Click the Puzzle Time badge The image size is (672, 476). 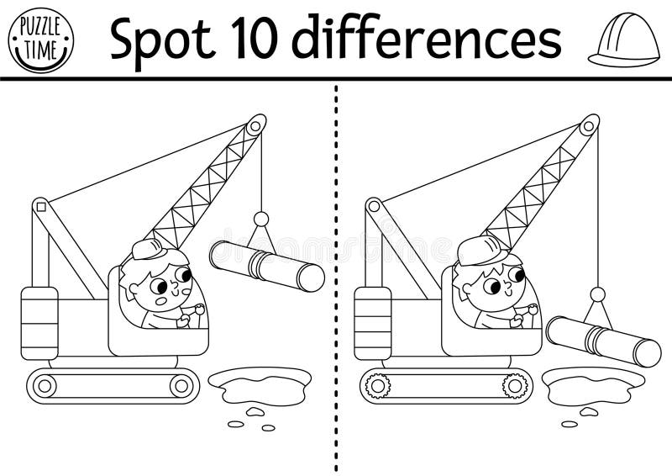coord(39,38)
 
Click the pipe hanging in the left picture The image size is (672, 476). coord(267,265)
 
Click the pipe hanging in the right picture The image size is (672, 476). coord(602,340)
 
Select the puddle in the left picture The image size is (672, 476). coord(260,384)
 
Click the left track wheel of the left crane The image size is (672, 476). coord(45,386)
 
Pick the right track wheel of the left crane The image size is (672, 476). coord(181,386)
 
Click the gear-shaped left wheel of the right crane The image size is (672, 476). coord(379,386)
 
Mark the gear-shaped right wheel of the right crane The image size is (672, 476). coord(514,386)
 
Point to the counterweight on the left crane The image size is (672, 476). coord(39,322)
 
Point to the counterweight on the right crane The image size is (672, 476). coord(373,322)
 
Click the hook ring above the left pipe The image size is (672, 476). coord(261,219)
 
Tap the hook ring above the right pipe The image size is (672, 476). coord(597,294)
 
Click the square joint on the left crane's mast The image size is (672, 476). coord(39,204)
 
